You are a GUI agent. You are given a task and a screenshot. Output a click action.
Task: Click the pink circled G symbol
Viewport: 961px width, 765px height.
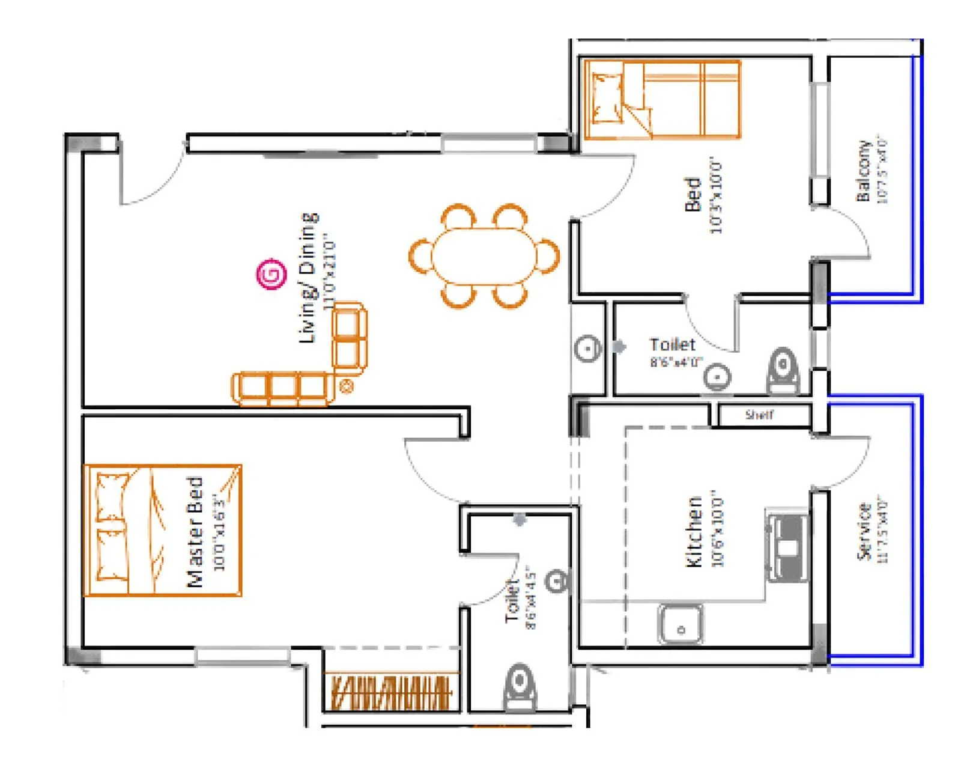(271, 275)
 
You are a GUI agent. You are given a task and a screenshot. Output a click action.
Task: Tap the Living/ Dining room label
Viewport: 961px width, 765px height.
(308, 278)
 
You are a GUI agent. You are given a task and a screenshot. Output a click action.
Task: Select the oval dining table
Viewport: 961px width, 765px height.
(484, 257)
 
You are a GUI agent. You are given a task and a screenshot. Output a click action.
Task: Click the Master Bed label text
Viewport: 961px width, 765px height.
(195, 532)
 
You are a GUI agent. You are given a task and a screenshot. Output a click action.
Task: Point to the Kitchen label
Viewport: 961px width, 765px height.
(694, 532)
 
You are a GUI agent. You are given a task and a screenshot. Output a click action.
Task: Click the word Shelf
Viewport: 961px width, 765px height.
(759, 415)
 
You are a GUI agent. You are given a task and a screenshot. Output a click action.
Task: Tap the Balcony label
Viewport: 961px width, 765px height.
(862, 171)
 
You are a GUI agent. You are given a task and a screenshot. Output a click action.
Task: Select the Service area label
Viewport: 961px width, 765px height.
(864, 532)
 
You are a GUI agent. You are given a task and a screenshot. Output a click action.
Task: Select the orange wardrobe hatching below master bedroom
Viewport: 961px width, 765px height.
(391, 693)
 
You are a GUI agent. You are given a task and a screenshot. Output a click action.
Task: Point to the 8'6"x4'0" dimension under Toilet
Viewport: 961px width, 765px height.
(675, 362)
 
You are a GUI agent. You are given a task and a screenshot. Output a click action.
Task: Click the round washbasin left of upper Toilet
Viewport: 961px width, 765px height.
(587, 348)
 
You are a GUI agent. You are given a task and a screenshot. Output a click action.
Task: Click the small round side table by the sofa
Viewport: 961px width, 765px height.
(346, 387)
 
